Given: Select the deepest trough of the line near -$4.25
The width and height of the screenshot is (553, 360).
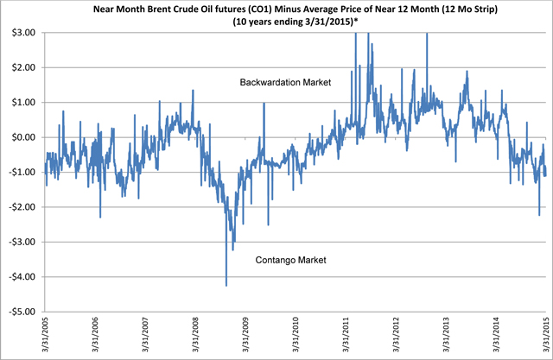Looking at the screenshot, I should point(226,285).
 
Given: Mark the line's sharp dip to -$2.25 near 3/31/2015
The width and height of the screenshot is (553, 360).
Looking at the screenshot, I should point(539,215).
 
